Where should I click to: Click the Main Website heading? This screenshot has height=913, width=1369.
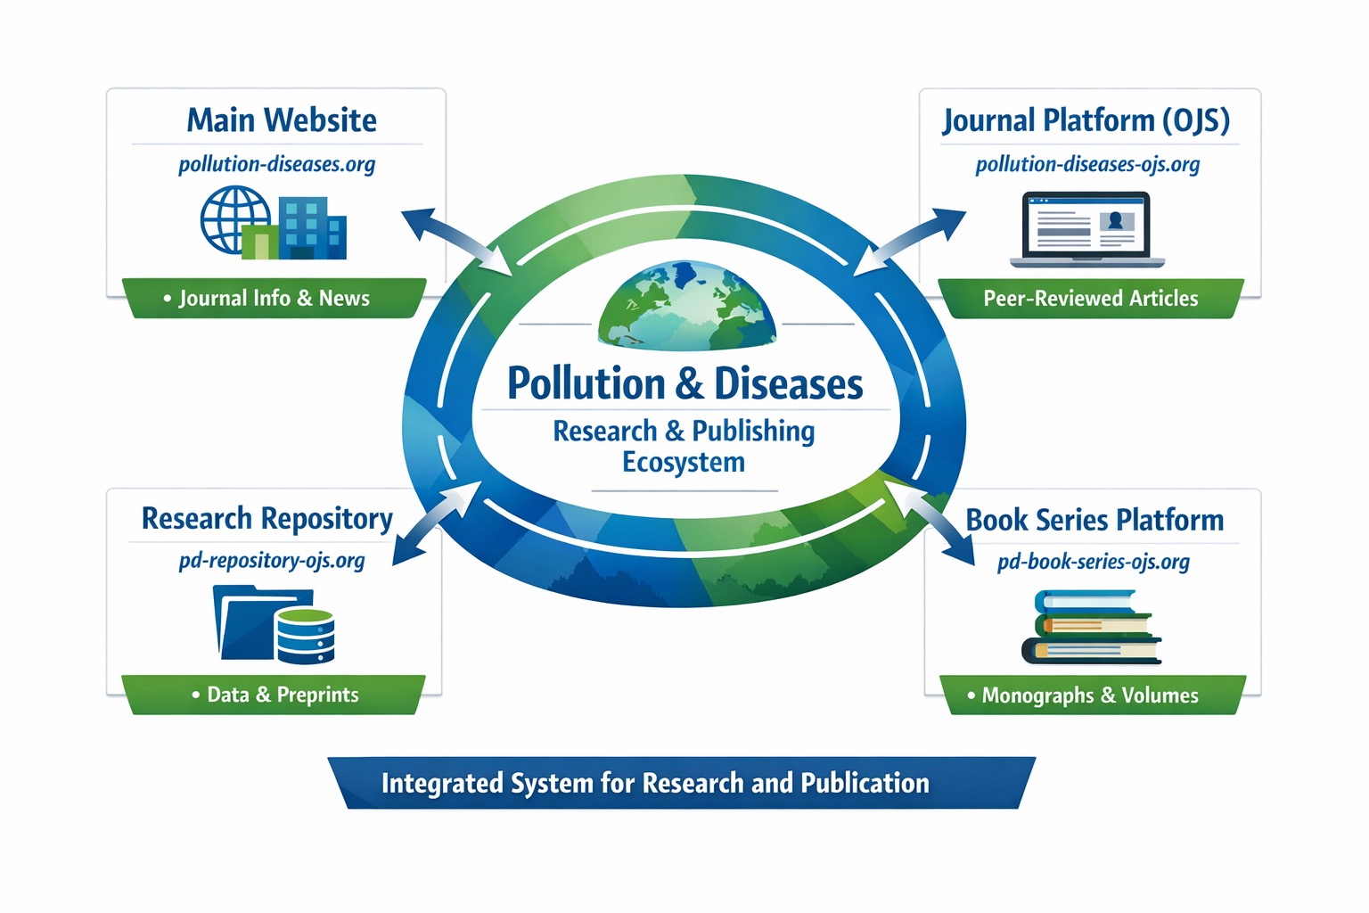pos(282,120)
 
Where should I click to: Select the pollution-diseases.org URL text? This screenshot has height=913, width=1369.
pos(276,165)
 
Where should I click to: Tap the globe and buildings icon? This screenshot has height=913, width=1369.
pos(273,223)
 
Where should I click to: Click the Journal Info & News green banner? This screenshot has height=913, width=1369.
pos(274,299)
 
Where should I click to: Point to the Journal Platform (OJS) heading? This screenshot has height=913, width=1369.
pos(1086,120)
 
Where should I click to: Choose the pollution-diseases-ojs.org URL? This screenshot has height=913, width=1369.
pos(1087,165)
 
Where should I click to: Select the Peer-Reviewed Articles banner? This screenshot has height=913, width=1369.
pos(1090,299)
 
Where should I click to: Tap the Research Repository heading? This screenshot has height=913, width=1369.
pos(266,519)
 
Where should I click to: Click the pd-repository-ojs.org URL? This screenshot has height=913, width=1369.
pos(272,561)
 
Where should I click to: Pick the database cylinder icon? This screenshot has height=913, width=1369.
pos(306,635)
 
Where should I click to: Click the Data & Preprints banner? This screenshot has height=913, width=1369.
pos(275,695)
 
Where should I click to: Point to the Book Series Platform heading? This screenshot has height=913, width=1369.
pos(1094,520)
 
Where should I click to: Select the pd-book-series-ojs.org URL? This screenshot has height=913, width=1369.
pos(1093,562)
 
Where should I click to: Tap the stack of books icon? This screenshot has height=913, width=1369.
pos(1091,627)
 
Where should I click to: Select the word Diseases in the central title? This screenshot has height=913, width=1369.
pos(788,384)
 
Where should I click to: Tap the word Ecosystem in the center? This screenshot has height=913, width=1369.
pos(683,463)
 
